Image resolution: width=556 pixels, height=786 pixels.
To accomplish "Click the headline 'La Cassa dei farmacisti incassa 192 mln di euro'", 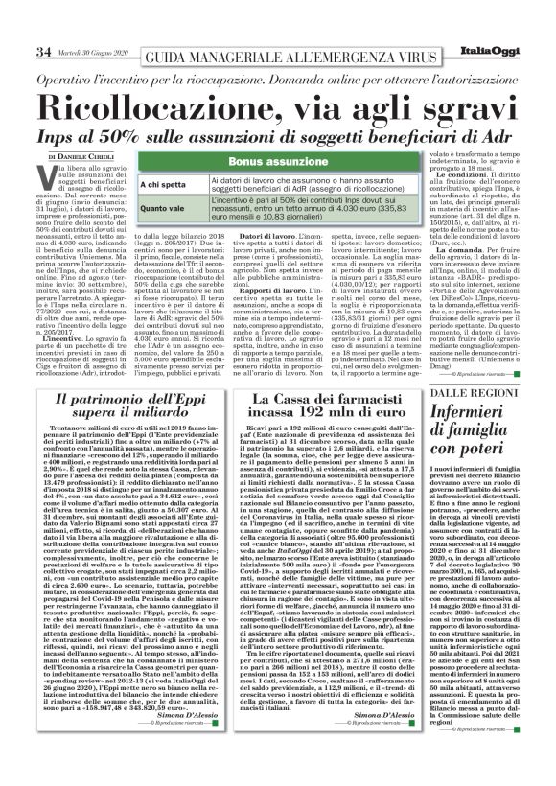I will pyautogui.click(x=316, y=407).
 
